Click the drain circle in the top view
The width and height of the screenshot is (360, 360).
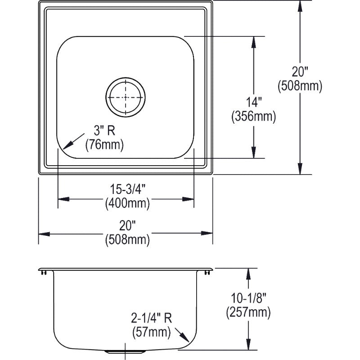(126, 97)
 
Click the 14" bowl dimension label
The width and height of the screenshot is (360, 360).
(254, 102)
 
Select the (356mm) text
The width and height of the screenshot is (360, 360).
(254, 117)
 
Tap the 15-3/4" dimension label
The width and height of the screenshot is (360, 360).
(128, 189)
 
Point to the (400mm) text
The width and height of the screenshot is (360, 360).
(127, 203)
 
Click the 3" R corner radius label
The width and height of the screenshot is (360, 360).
(104, 130)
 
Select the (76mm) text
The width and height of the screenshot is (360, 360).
(104, 145)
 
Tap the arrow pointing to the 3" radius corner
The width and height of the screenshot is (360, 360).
(73, 141)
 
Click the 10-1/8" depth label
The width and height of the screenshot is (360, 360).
(248, 298)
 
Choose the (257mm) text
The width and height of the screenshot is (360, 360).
(248, 312)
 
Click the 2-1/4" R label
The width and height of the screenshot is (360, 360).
(151, 318)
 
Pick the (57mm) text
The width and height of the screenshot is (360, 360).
(152, 332)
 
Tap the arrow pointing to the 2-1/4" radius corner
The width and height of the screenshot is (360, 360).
(182, 335)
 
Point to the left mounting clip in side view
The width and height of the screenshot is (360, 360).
(44, 273)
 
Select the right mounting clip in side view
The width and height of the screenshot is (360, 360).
(207, 273)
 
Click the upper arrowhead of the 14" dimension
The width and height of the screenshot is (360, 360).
(254, 42)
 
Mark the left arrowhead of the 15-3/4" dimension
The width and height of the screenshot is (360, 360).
(63, 199)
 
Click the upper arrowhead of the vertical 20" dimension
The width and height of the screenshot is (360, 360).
(300, 6)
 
